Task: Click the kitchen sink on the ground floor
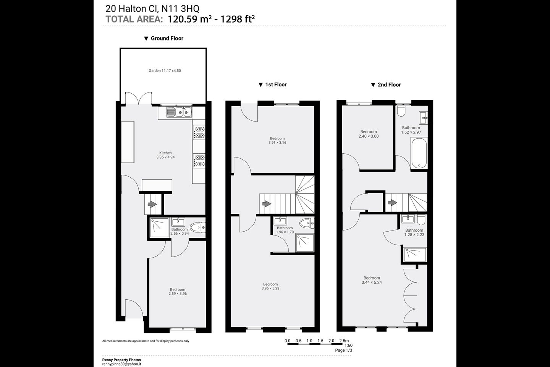tap(179, 112)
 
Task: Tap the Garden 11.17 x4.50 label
tap(165, 71)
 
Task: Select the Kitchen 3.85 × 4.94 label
tap(165, 155)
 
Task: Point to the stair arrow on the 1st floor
tap(267, 203)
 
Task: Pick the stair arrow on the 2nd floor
tap(393, 203)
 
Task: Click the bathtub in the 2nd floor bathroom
tap(419, 153)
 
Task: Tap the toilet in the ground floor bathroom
tap(198, 227)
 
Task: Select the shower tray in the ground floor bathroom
tap(159, 228)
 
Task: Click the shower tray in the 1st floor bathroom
tap(305, 243)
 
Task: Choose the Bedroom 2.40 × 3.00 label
tap(369, 134)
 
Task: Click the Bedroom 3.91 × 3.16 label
tap(277, 140)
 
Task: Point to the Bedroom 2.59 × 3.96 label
tap(178, 292)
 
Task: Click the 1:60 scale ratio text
tap(348, 345)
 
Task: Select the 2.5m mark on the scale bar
tap(344, 341)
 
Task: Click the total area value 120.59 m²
tap(189, 19)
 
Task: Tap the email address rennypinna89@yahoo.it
tap(121, 364)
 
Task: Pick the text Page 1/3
tap(343, 350)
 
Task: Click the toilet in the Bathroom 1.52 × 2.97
tap(401, 111)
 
